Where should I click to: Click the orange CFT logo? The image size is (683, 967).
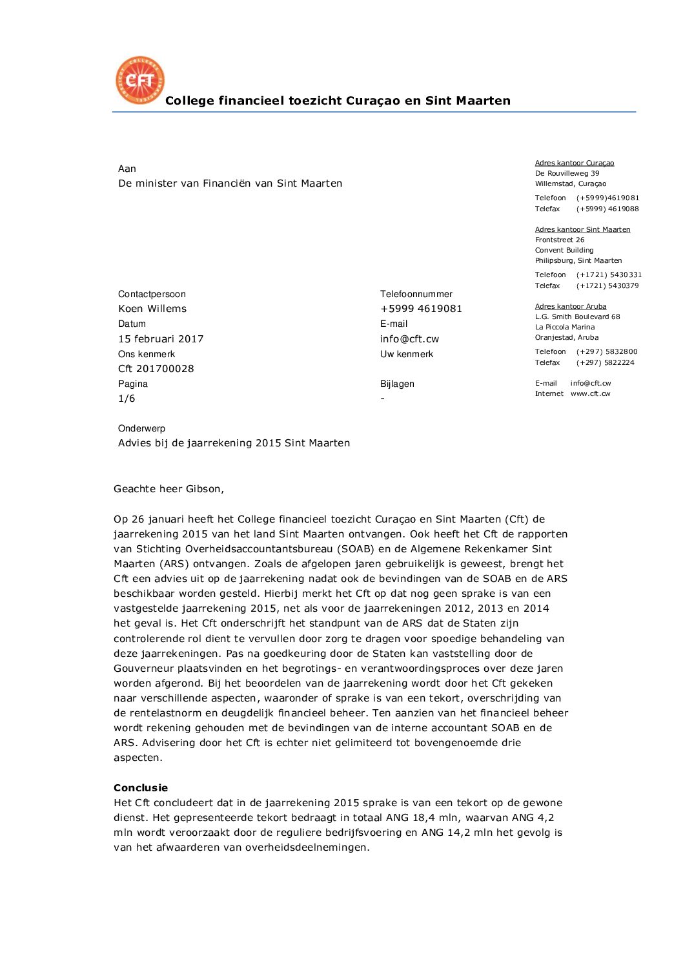(x=140, y=80)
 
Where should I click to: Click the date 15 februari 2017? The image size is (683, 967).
(x=161, y=338)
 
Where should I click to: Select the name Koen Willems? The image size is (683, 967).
(x=152, y=309)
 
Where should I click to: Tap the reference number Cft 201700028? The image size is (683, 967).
(x=156, y=369)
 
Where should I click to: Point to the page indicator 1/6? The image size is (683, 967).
(x=127, y=399)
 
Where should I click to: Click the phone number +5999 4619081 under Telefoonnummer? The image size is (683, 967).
(x=421, y=309)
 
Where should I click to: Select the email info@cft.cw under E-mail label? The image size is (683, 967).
(x=409, y=338)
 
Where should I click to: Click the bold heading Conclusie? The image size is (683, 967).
(x=141, y=787)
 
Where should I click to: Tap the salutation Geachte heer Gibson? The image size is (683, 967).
(x=168, y=489)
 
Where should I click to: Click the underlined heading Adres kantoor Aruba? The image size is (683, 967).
(x=571, y=306)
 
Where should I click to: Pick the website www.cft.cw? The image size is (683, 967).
(x=590, y=393)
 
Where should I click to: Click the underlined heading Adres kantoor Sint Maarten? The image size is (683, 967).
(x=582, y=229)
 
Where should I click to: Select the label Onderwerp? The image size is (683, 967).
(x=141, y=428)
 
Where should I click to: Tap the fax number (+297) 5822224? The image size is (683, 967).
(x=606, y=362)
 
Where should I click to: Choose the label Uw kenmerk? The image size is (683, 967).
(x=407, y=354)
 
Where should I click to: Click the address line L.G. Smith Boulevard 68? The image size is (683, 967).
(x=577, y=317)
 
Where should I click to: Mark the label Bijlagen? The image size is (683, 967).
(x=397, y=384)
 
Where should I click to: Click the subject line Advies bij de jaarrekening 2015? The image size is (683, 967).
(x=234, y=443)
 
